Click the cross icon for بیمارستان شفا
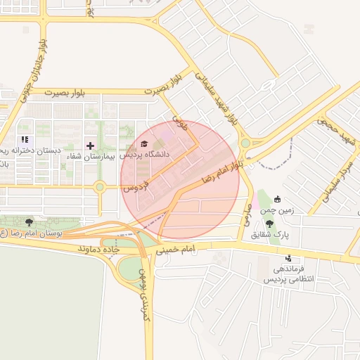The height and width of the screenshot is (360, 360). pyautogui.click(x=90, y=145)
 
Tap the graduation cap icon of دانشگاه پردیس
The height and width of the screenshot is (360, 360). pyautogui.click(x=143, y=144)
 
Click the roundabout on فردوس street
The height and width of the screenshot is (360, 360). pyautogui.click(x=100, y=187)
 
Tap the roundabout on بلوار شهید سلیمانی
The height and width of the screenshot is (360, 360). pyautogui.click(x=245, y=143)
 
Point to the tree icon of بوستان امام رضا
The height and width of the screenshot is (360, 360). pyautogui.click(x=28, y=223)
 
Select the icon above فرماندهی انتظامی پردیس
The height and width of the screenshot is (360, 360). pyautogui.click(x=288, y=258)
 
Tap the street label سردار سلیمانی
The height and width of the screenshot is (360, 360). pyautogui.click(x=336, y=188)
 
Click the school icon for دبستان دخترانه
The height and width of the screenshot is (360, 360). pyautogui.click(x=25, y=140)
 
